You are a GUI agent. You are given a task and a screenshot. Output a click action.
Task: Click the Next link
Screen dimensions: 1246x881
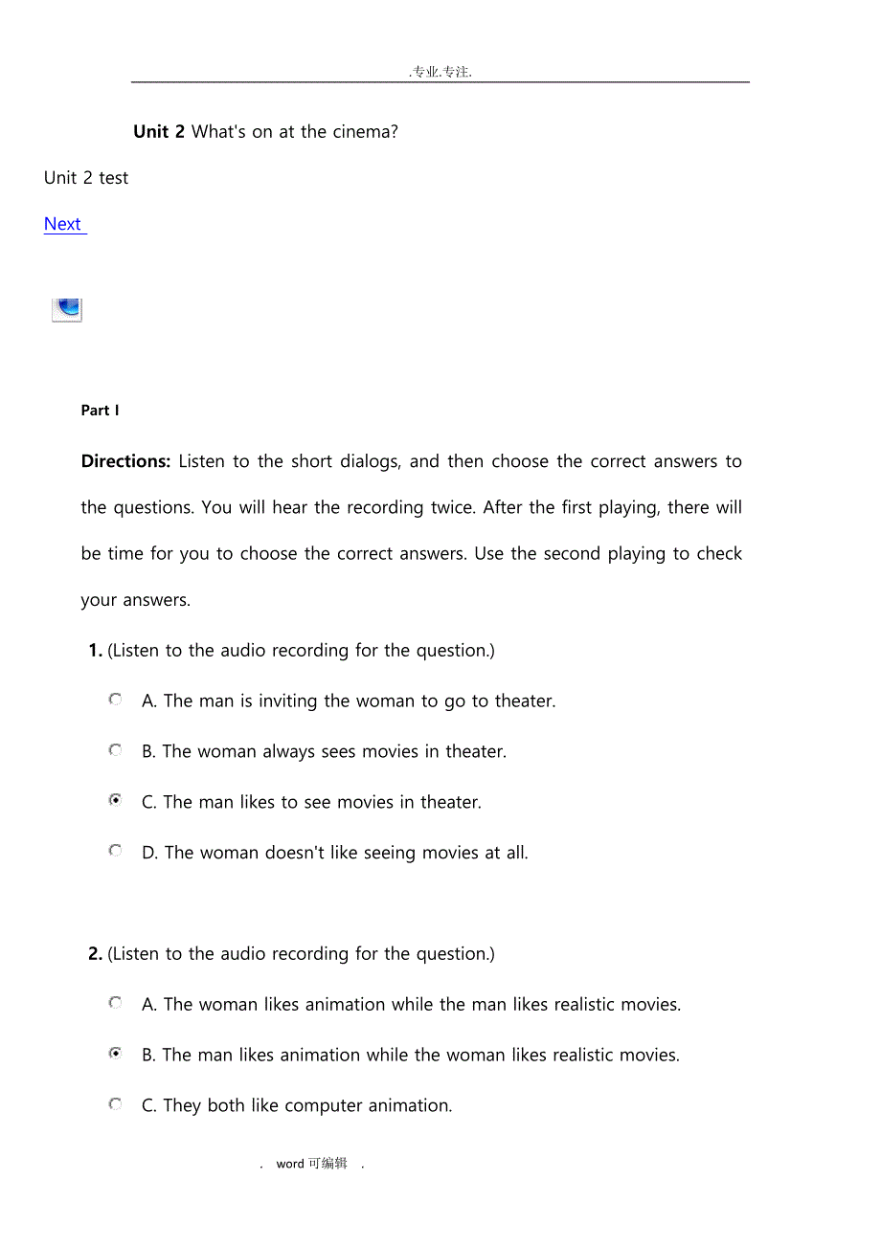point(63,224)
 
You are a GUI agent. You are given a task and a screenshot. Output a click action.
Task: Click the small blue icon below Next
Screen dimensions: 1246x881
point(67,309)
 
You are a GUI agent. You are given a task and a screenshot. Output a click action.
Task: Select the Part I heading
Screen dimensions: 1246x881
point(101,411)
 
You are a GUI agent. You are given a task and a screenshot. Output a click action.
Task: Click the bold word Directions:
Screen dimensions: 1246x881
point(125,461)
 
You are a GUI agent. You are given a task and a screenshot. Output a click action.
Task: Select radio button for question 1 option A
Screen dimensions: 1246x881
point(116,700)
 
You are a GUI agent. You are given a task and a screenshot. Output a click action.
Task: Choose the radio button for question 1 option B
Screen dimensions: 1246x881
point(116,750)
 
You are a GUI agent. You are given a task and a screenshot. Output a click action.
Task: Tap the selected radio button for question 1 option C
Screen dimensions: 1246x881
point(116,800)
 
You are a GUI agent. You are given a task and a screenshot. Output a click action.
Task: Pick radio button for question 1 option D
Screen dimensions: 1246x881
point(116,850)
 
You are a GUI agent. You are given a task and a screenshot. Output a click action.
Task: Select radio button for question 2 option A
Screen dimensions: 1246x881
point(116,1003)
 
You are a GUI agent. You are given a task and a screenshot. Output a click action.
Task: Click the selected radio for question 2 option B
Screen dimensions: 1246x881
point(116,1054)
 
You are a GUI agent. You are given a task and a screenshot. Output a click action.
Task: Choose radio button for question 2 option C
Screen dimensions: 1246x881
point(116,1103)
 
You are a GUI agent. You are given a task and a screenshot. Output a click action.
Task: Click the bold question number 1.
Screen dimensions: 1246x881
point(95,651)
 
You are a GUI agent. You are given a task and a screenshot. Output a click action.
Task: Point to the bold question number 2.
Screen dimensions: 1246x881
point(95,954)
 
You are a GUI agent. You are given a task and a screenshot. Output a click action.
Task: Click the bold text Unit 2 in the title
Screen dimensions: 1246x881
point(159,132)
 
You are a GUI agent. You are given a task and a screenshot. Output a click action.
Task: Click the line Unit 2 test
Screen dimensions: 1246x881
point(86,178)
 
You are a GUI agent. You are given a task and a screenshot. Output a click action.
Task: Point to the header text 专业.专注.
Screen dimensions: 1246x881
point(440,72)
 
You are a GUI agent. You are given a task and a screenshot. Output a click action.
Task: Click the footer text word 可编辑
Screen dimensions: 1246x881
point(312,1164)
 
